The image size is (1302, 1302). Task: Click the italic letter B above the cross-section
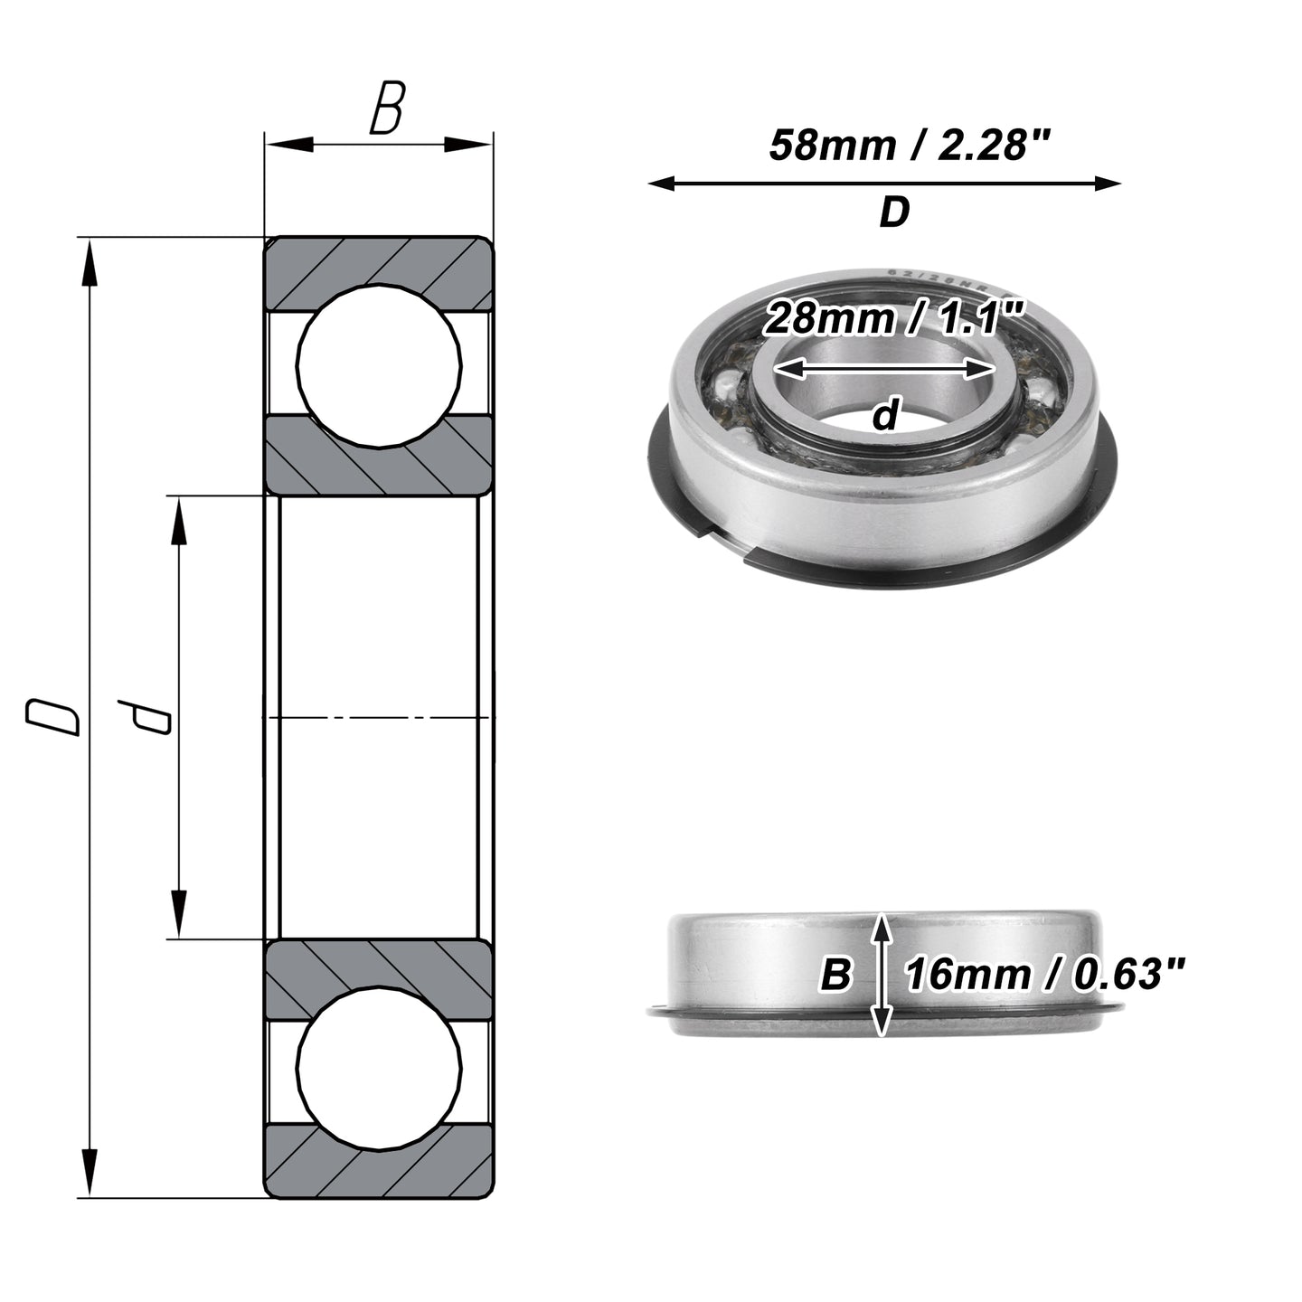tap(387, 108)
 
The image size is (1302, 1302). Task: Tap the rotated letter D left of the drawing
tap(52, 718)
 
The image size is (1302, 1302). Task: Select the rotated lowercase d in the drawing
tap(143, 717)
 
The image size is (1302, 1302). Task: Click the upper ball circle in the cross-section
tap(379, 365)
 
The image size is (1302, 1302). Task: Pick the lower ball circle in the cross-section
tap(379, 1068)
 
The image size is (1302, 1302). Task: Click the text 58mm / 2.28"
tap(910, 145)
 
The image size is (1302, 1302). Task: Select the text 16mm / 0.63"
tap(1044, 975)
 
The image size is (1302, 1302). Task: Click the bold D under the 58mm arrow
tap(894, 212)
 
